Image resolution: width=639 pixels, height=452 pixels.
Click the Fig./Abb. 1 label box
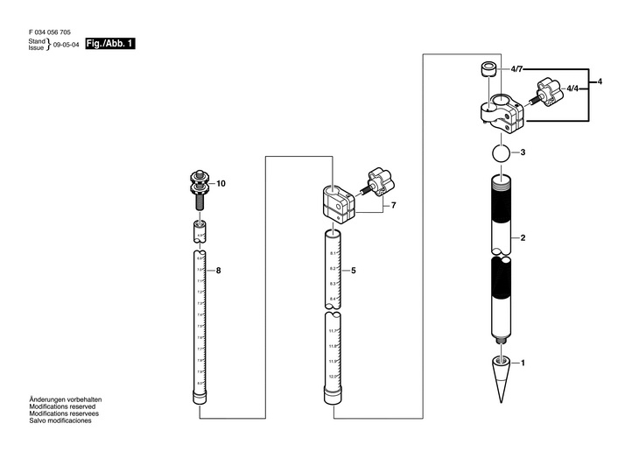(x=110, y=43)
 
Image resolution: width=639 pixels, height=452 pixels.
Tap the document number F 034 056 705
(x=52, y=32)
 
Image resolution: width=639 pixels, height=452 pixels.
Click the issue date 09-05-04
(x=67, y=45)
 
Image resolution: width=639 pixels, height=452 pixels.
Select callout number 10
(x=221, y=184)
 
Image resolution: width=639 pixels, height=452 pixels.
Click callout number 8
(x=219, y=271)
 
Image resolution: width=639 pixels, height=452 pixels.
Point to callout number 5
(x=354, y=271)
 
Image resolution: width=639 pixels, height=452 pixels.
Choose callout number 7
(x=394, y=205)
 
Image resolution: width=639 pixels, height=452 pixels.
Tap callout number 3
(x=522, y=152)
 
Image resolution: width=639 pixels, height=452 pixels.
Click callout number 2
(x=523, y=238)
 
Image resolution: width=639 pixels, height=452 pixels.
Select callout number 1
(x=523, y=363)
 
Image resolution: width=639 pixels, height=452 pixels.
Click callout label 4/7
(x=516, y=68)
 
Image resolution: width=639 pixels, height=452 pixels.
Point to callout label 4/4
(x=572, y=89)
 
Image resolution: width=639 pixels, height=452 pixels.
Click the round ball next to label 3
(x=500, y=153)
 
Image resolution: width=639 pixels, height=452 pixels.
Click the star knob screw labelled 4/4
(x=546, y=92)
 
